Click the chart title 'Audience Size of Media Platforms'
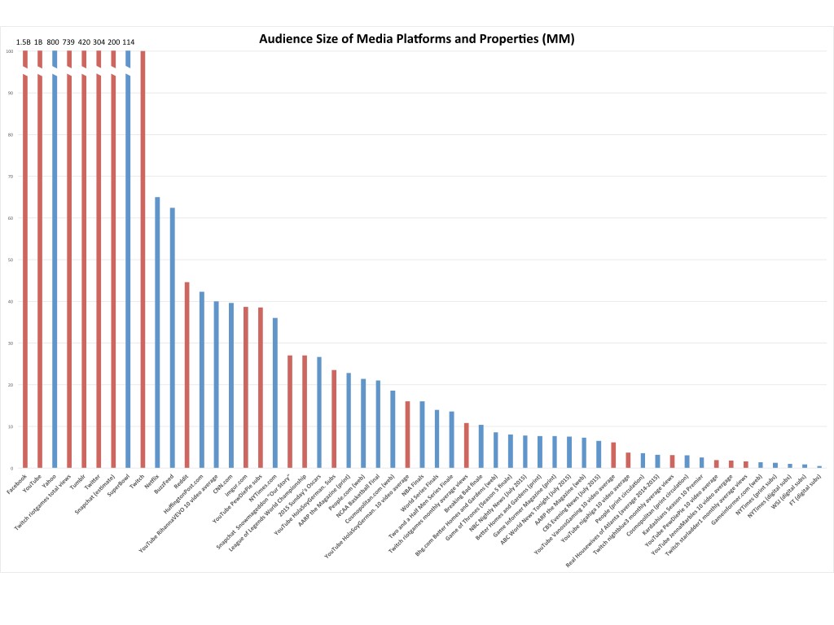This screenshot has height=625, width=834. (x=416, y=38)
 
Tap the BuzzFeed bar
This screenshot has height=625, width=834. (x=172, y=338)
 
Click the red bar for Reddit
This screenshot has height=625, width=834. (x=187, y=374)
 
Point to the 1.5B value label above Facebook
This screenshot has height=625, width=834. (x=24, y=42)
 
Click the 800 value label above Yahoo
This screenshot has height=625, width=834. (x=54, y=42)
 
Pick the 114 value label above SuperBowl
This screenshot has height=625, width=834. (x=129, y=42)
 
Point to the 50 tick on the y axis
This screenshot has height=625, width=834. (x=11, y=260)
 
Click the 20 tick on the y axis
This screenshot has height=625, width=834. (x=11, y=385)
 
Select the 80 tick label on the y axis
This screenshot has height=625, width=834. (x=11, y=134)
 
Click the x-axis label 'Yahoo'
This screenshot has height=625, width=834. (x=50, y=479)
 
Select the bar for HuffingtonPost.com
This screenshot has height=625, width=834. (x=201, y=379)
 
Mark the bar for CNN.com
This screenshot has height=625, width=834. (x=230, y=385)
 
